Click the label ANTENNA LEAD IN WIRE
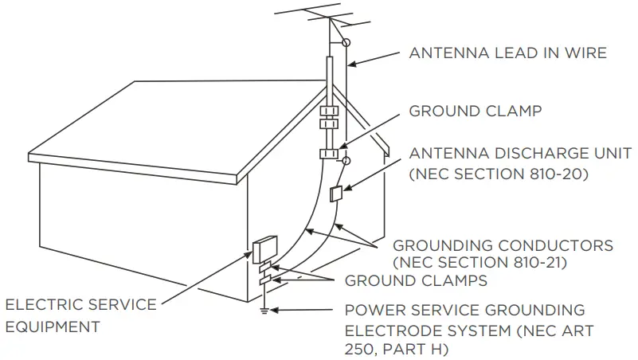point(507,53)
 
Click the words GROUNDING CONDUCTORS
point(503,245)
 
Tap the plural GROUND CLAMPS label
point(416,280)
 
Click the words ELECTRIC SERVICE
point(80,305)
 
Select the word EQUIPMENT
point(53,327)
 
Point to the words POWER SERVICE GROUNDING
point(464,310)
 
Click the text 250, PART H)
point(393,349)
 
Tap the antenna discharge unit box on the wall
point(335,194)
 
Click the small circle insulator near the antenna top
point(346,41)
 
